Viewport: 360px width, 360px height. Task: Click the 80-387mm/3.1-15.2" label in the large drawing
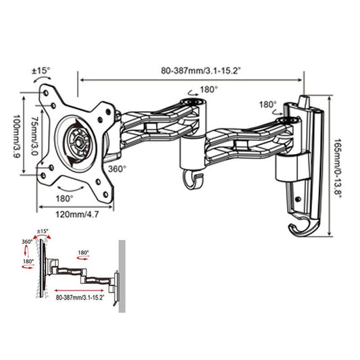[193, 68]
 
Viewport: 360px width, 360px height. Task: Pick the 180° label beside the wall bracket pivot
[267, 105]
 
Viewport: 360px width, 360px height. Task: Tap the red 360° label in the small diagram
[27, 241]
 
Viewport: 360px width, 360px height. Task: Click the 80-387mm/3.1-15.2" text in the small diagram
[80, 296]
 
